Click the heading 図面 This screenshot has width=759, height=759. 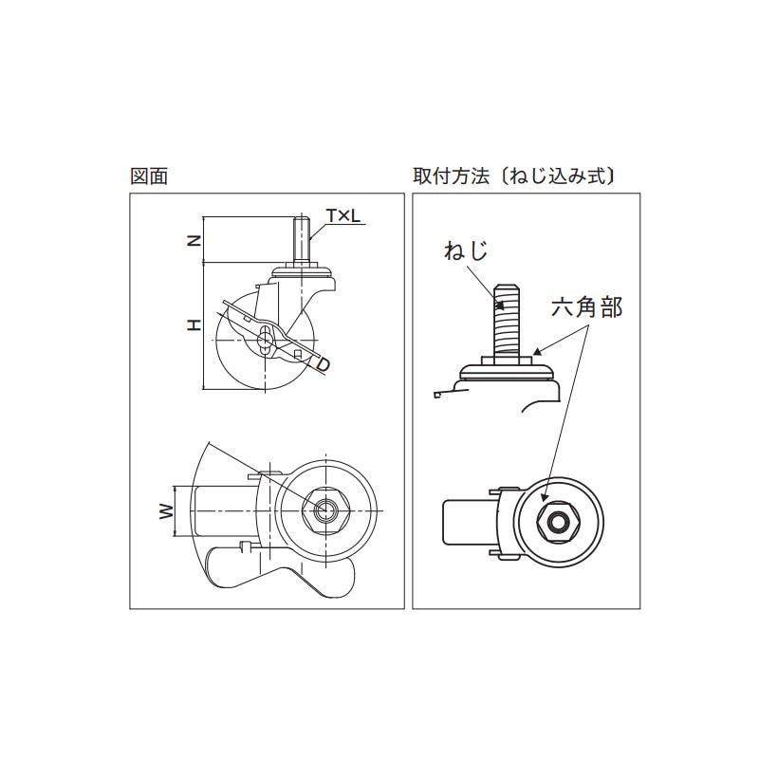pyautogui.click(x=149, y=176)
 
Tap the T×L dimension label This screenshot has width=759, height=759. pyautogui.click(x=343, y=216)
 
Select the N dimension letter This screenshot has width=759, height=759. pyautogui.click(x=194, y=240)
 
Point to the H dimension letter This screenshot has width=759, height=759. pyautogui.click(x=194, y=325)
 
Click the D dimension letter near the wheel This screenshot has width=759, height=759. pyautogui.click(x=323, y=364)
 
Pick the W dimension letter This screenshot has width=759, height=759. pyautogui.click(x=166, y=511)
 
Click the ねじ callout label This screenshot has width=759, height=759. pyautogui.click(x=466, y=251)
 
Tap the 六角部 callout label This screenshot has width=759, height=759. pyautogui.click(x=586, y=307)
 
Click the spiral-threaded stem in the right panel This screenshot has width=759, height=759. pyautogui.click(x=507, y=321)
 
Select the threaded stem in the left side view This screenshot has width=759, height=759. pyautogui.click(x=301, y=240)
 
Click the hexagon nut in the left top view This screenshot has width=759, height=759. pyautogui.click(x=324, y=511)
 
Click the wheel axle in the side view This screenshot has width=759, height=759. pyautogui.click(x=265, y=341)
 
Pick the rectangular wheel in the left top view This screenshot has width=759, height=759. pyautogui.click(x=223, y=511)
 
